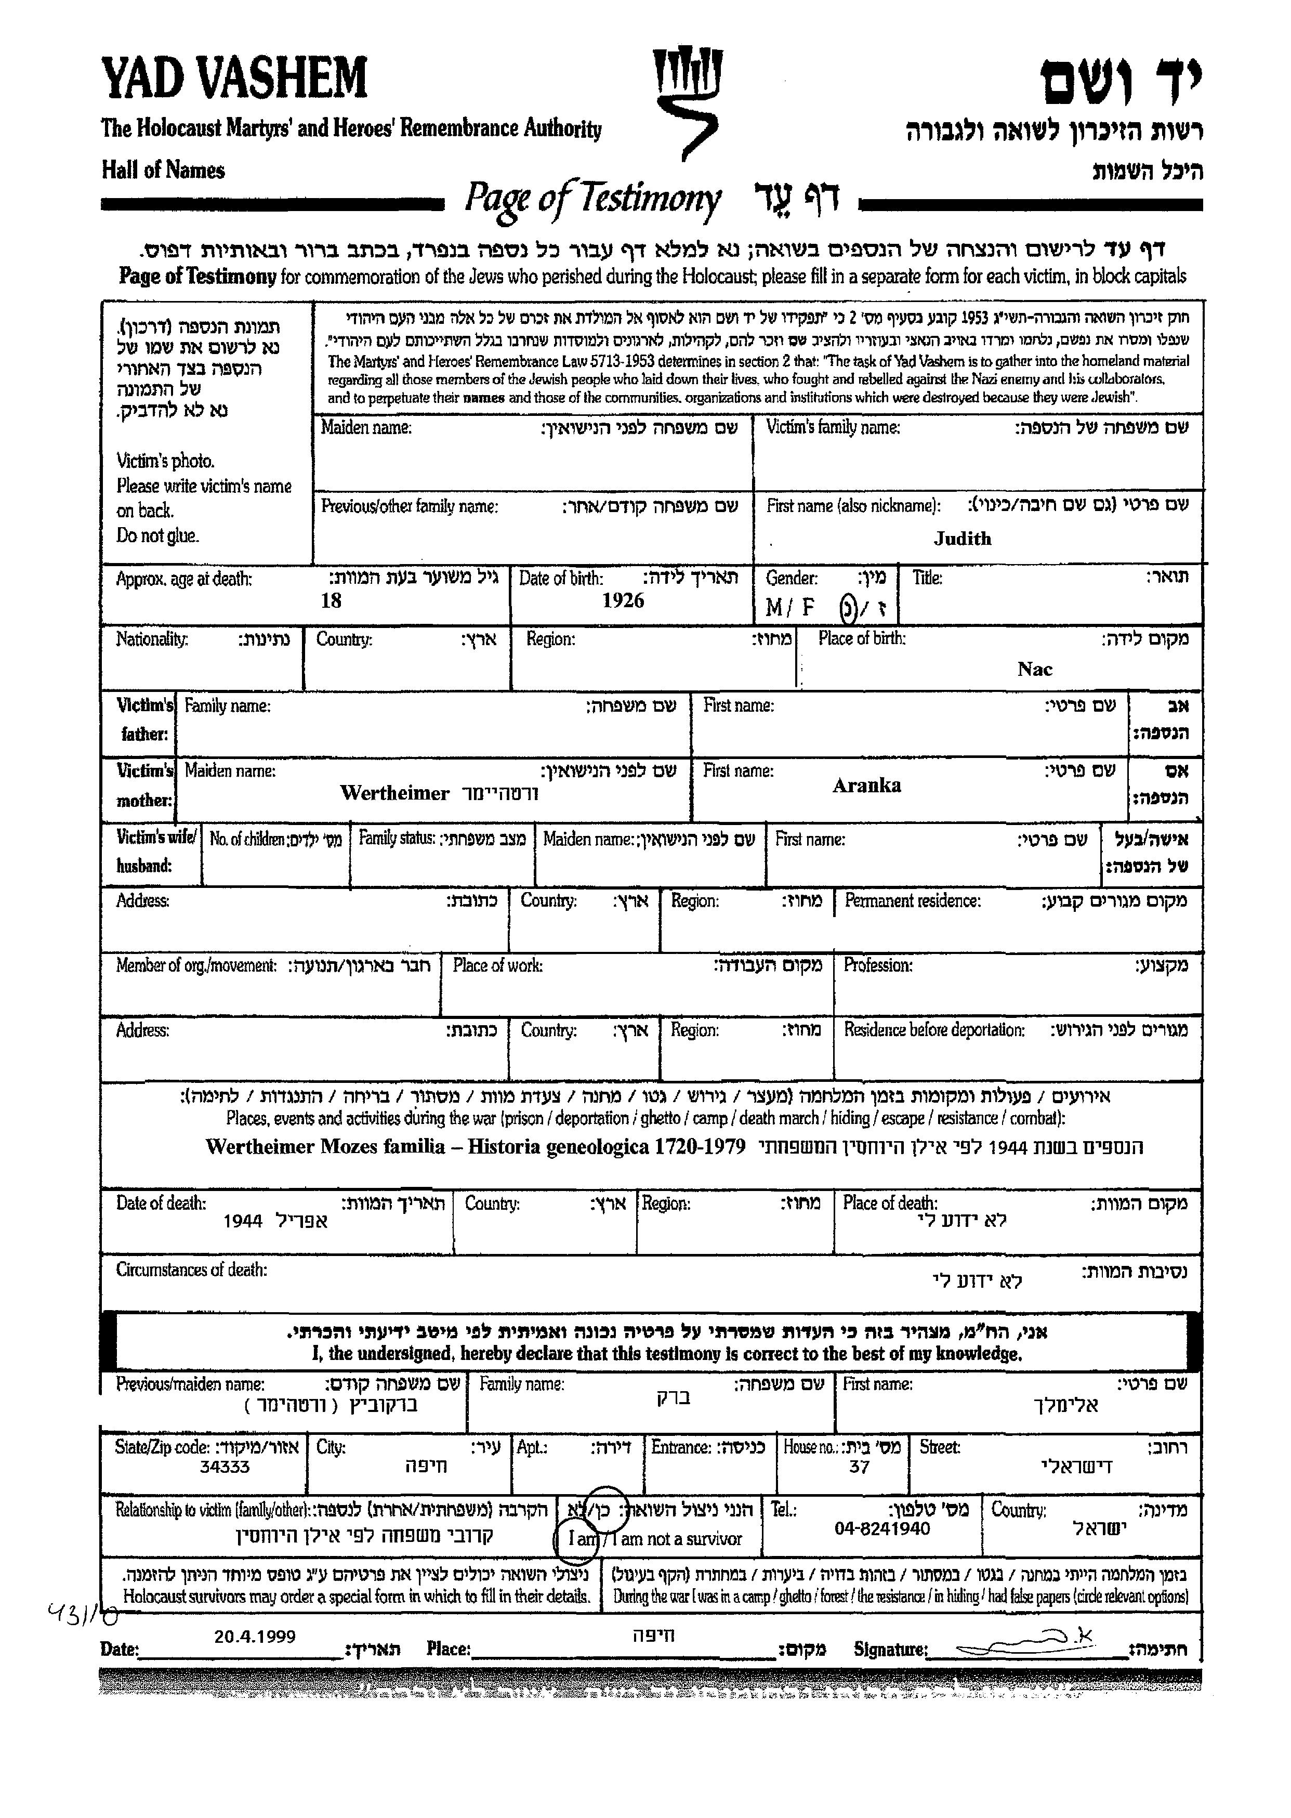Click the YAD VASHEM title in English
click(x=234, y=78)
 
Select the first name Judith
click(x=962, y=539)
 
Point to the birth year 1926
click(x=623, y=600)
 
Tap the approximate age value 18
click(x=331, y=600)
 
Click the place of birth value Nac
click(x=1034, y=669)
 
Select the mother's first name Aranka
click(x=866, y=786)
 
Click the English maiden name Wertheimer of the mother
click(x=394, y=793)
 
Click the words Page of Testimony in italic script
click(x=593, y=199)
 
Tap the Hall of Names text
click(x=163, y=170)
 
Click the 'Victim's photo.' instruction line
click(x=165, y=461)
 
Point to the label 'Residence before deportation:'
click(x=934, y=1030)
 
